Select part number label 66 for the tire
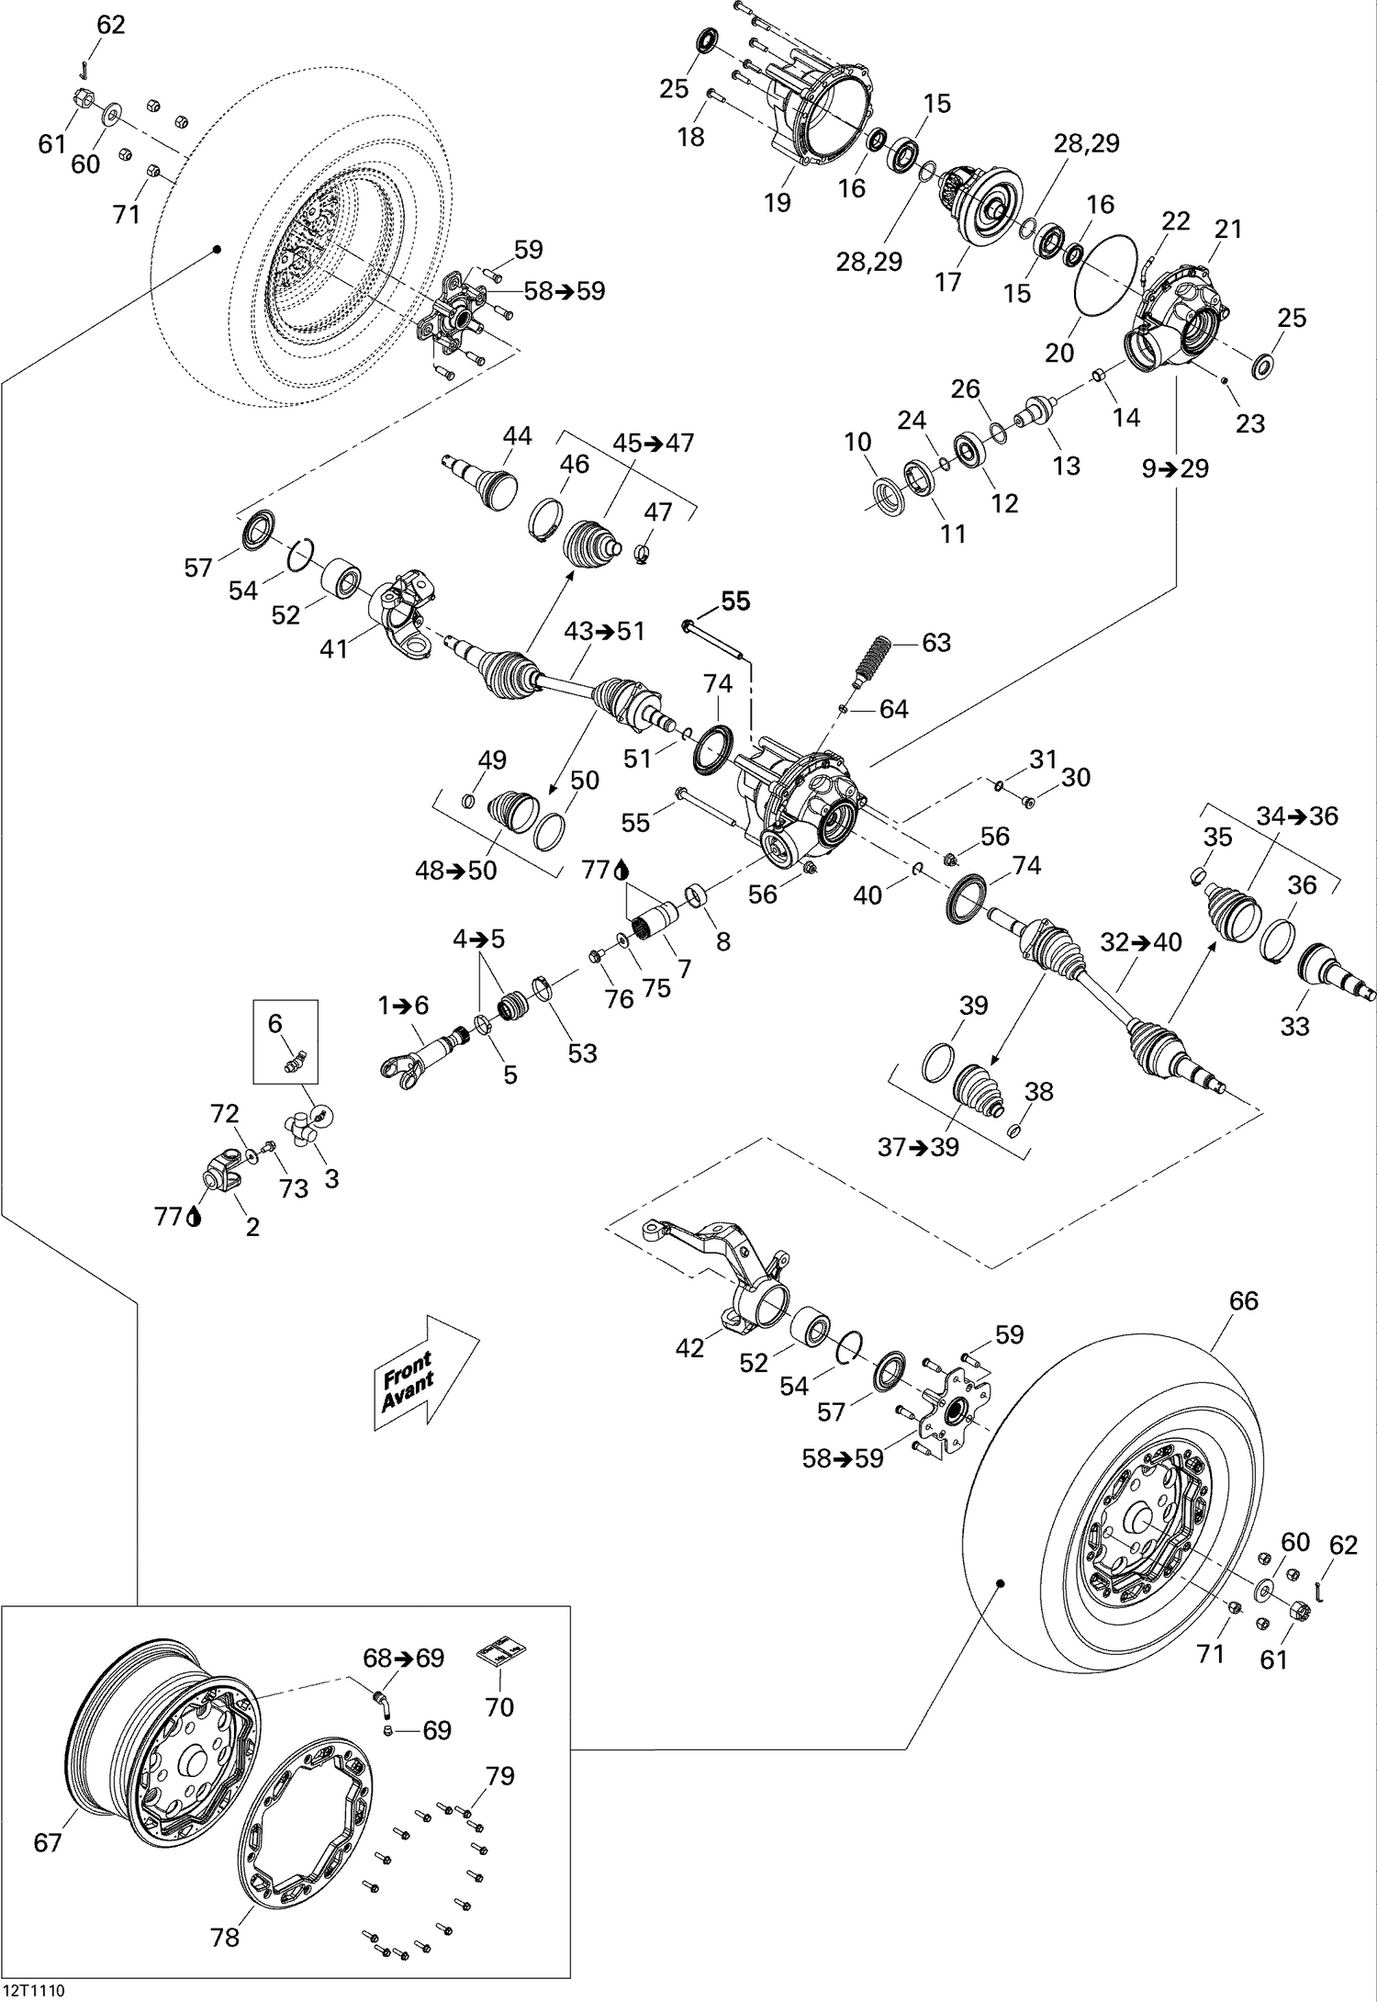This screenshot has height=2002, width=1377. pyautogui.click(x=1244, y=1300)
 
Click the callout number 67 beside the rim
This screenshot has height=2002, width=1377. pyautogui.click(x=47, y=1842)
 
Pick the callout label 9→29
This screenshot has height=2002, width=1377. pyautogui.click(x=1175, y=468)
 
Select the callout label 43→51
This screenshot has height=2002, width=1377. pyautogui.click(x=604, y=632)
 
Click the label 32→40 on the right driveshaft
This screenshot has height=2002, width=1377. pyautogui.click(x=1141, y=942)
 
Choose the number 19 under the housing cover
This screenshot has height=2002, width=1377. pyautogui.click(x=777, y=202)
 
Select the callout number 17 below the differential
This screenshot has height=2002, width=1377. pyautogui.click(x=947, y=281)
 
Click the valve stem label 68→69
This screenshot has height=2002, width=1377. pyautogui.click(x=403, y=1659)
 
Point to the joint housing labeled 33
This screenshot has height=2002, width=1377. pyautogui.click(x=1331, y=973)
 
